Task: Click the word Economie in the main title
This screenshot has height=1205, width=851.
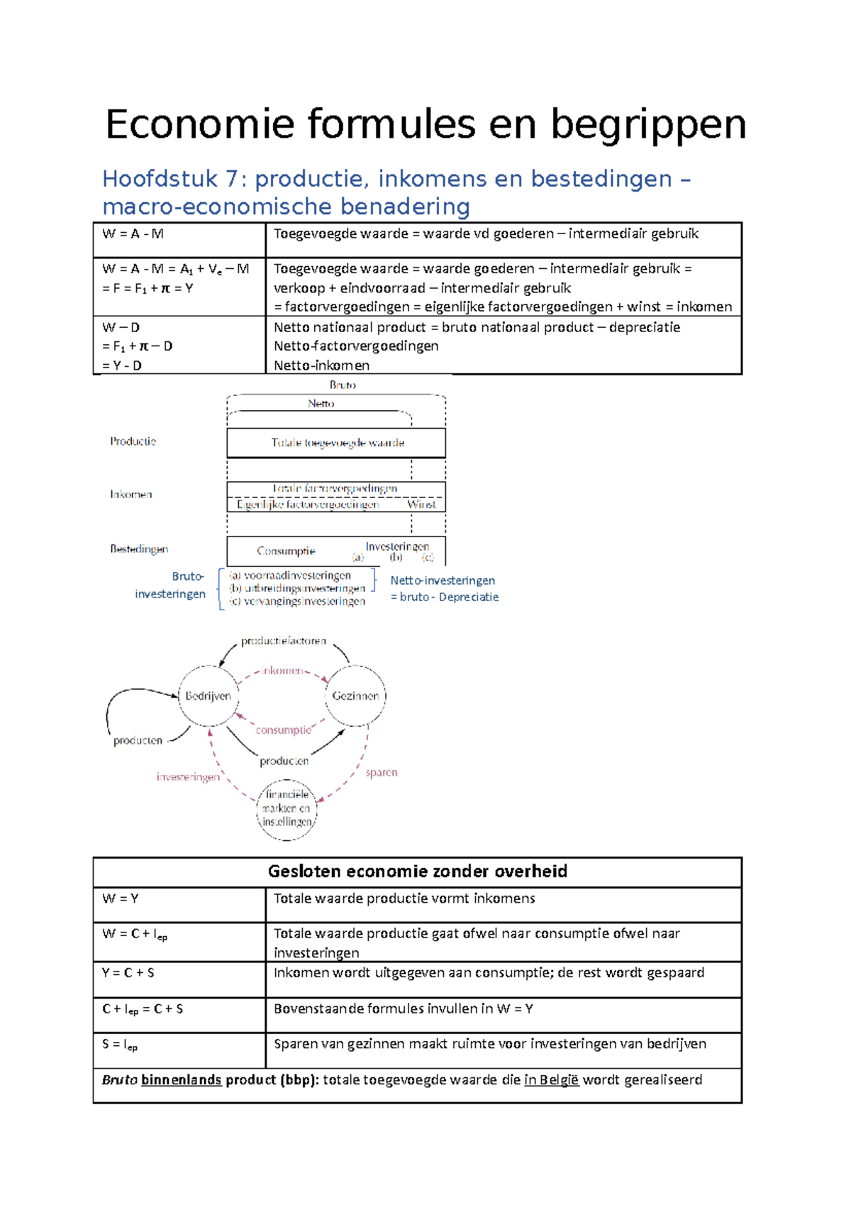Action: pyautogui.click(x=200, y=125)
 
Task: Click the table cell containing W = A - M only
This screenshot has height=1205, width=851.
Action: pyautogui.click(x=179, y=240)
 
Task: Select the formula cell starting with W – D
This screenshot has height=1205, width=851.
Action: pyautogui.click(x=179, y=346)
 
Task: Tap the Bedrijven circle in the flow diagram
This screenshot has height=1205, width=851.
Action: pyautogui.click(x=208, y=696)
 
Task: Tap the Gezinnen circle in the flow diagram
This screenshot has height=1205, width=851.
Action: pyautogui.click(x=355, y=696)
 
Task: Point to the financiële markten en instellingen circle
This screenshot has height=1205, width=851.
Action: pyautogui.click(x=287, y=809)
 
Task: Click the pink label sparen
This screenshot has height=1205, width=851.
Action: pyautogui.click(x=382, y=772)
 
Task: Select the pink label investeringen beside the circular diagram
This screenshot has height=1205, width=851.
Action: pyautogui.click(x=188, y=777)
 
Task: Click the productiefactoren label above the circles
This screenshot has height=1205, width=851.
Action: pyautogui.click(x=283, y=641)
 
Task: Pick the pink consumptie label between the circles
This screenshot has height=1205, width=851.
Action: pyautogui.click(x=283, y=730)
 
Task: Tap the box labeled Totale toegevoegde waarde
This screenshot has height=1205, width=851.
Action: pyautogui.click(x=337, y=443)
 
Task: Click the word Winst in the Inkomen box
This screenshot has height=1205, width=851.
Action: pyautogui.click(x=421, y=505)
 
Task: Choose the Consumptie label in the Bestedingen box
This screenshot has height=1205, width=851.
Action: pyautogui.click(x=286, y=551)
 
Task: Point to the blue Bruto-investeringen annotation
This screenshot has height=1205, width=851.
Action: pyautogui.click(x=171, y=585)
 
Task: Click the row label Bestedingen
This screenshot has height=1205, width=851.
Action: pyautogui.click(x=139, y=549)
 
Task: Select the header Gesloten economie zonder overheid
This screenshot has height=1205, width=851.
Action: pyautogui.click(x=417, y=871)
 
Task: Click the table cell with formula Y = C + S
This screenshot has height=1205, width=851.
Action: pyautogui.click(x=179, y=979)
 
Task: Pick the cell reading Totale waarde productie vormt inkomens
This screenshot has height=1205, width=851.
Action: pyautogui.click(x=503, y=905)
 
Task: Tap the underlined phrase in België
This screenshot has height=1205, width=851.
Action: pyautogui.click(x=551, y=1080)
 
